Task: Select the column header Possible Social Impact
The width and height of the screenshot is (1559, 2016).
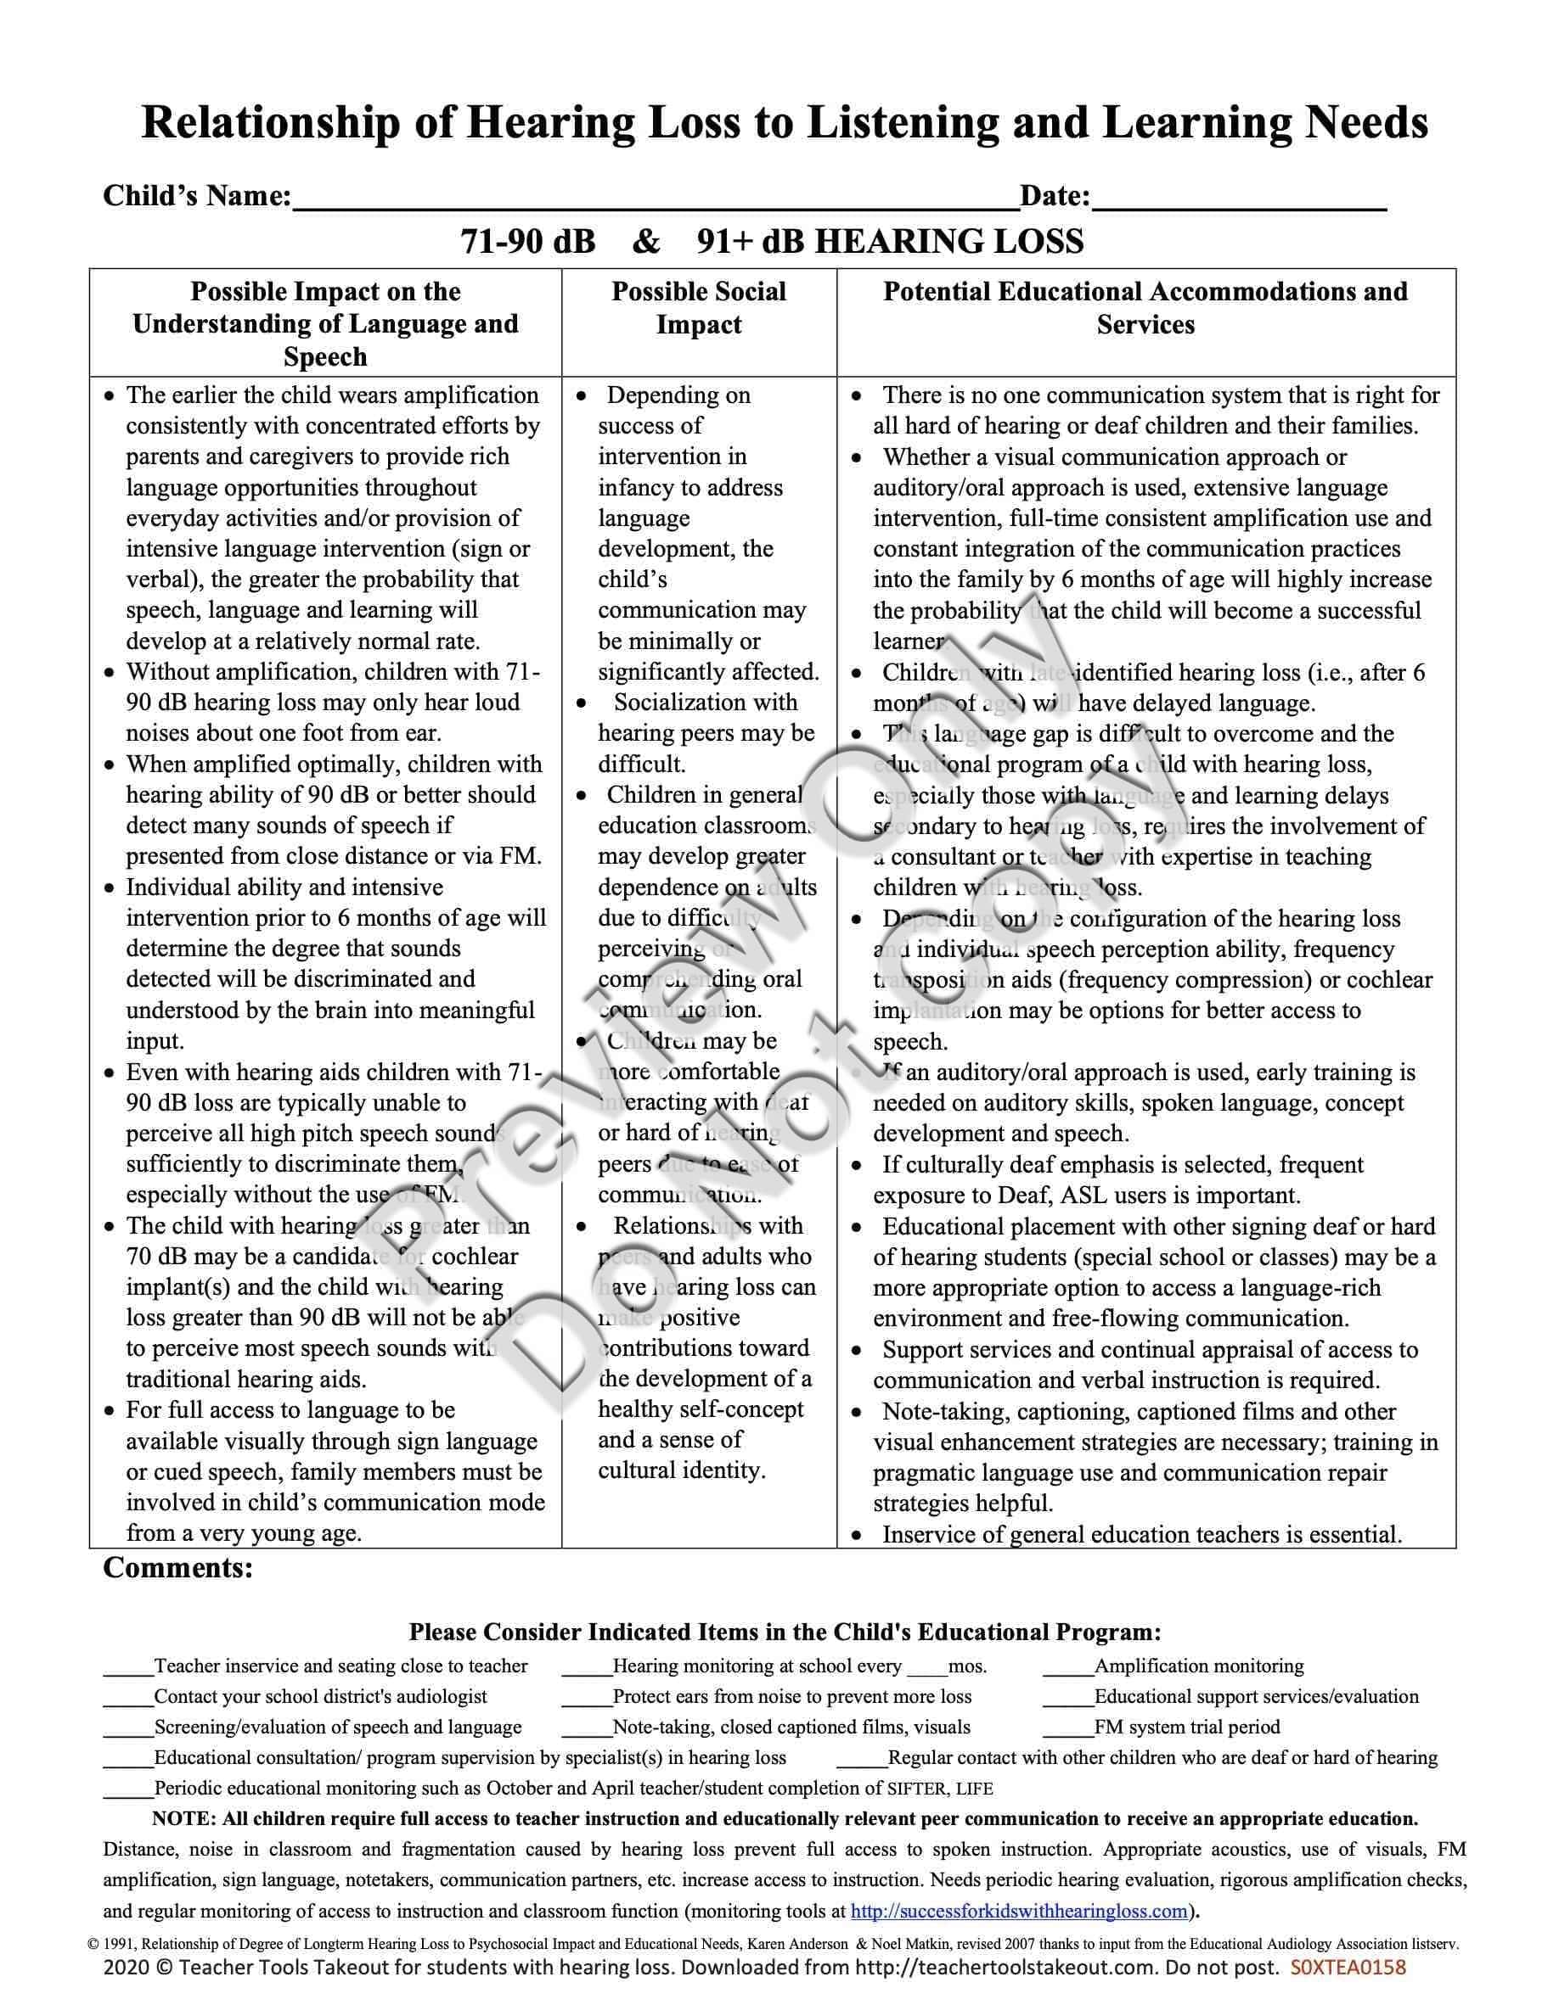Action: click(698, 307)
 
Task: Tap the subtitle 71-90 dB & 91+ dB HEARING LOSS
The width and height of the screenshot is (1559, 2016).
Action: click(772, 242)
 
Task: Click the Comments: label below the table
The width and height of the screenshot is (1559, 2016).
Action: click(178, 1568)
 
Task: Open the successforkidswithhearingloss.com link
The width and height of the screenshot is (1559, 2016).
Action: click(1019, 1911)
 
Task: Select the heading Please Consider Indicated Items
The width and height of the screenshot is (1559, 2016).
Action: click(785, 1632)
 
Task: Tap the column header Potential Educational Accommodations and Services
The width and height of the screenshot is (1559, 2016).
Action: click(1145, 307)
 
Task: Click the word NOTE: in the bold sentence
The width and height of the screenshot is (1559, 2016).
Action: click(183, 1819)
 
